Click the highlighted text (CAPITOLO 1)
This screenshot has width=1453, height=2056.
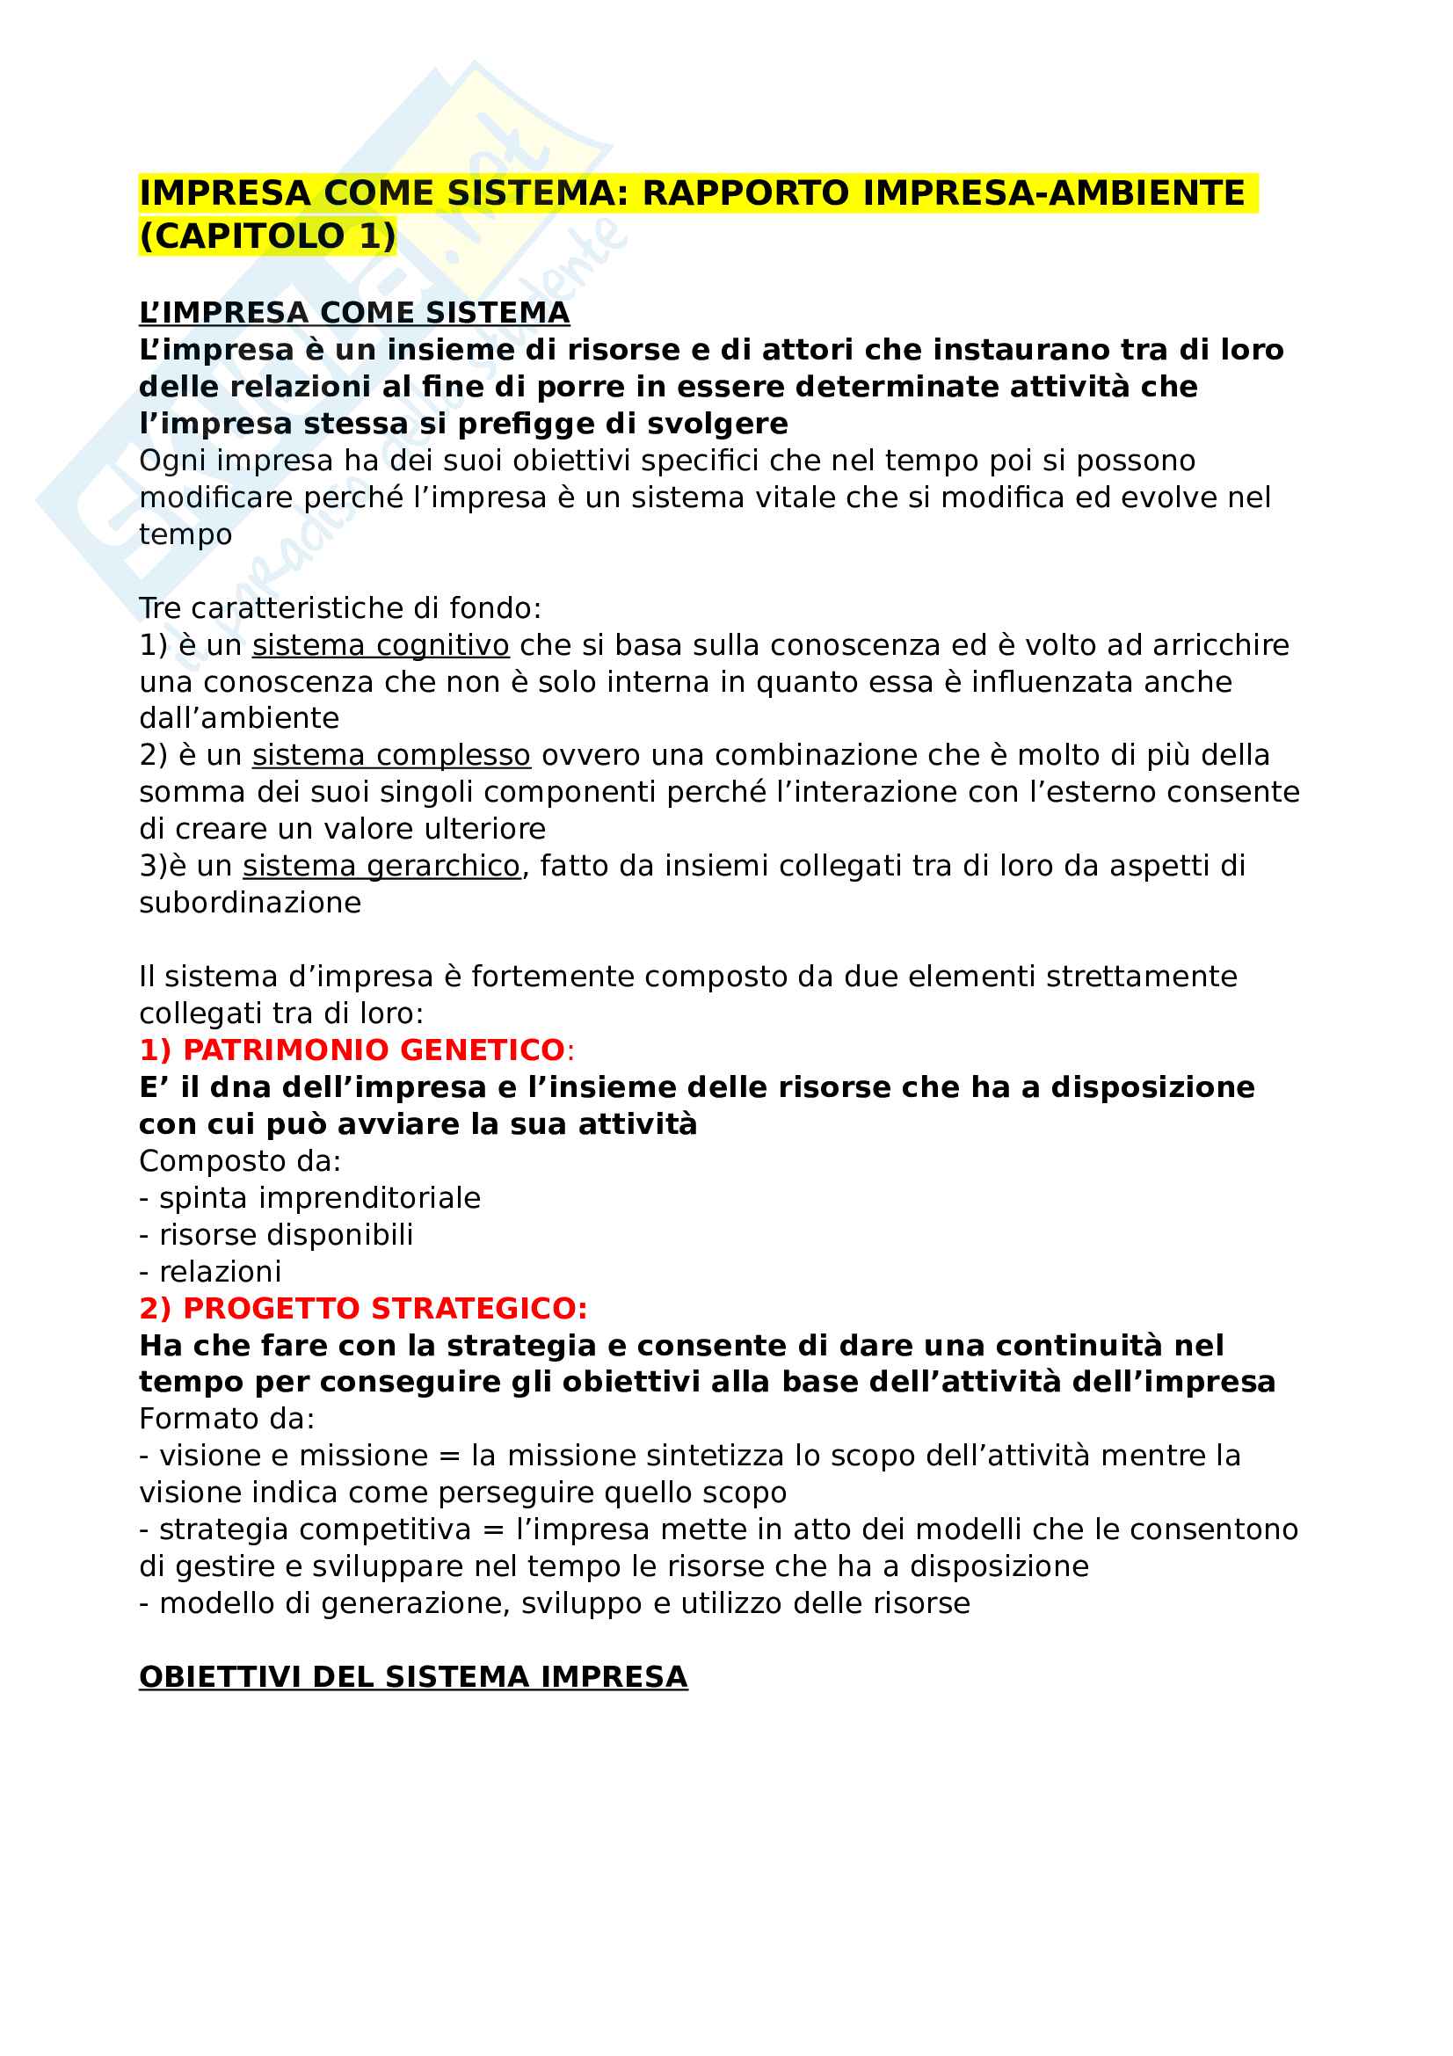coord(267,236)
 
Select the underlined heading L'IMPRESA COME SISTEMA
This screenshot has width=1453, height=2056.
coord(354,313)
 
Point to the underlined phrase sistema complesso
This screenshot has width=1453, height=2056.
coord(391,755)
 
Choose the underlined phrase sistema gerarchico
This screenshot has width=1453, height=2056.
coord(381,866)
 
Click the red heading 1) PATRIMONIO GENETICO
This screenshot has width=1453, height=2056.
coord(352,1050)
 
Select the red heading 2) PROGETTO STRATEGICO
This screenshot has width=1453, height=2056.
coord(362,1308)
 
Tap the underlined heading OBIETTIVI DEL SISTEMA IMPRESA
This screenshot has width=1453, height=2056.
coord(413,1677)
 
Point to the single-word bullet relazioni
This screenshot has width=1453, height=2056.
coord(220,1272)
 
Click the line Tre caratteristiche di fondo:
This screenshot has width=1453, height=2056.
coord(340,608)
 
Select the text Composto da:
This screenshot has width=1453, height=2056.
coord(240,1161)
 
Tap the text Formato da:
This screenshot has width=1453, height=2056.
coord(227,1419)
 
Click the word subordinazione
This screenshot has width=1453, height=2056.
coord(250,903)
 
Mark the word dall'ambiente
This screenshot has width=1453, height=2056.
coord(239,718)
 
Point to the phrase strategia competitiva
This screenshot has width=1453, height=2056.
coord(316,1529)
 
